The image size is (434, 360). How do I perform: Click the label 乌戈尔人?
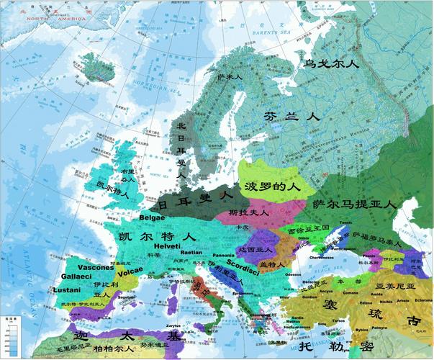pos(330,65)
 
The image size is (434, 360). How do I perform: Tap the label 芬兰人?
pos(291,115)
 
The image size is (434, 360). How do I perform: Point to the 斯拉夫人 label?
pos(248,213)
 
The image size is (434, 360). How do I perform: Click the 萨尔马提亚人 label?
pos(355,204)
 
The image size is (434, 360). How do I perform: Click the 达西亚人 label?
pos(255,249)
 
